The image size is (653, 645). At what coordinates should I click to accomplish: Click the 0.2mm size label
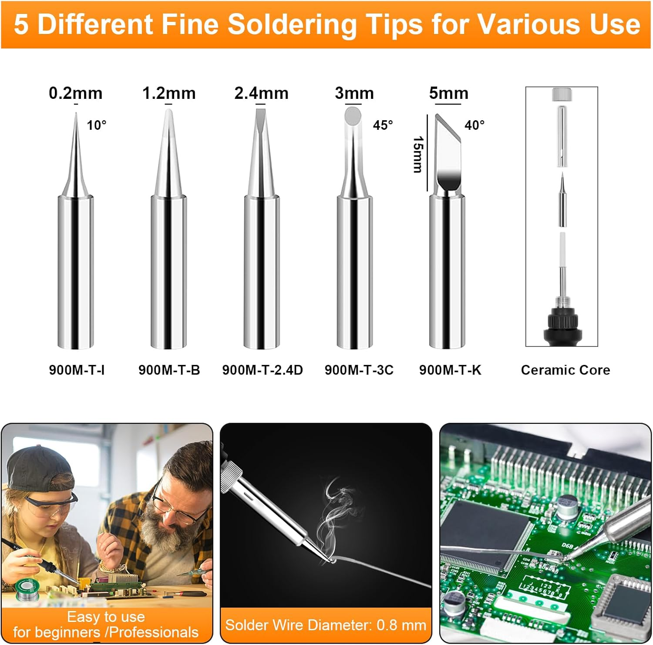click(x=75, y=93)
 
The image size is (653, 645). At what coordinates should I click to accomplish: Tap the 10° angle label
click(x=96, y=125)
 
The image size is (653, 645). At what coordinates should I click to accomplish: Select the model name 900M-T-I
click(x=77, y=370)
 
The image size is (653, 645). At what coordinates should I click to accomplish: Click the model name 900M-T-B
click(x=169, y=370)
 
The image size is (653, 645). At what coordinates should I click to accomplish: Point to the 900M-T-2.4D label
click(x=262, y=370)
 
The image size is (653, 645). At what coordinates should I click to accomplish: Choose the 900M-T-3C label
click(x=359, y=370)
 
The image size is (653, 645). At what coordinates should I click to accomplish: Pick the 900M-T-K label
click(x=450, y=370)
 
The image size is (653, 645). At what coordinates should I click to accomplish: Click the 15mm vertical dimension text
click(x=417, y=154)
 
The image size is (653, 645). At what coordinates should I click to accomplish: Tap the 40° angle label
click(x=474, y=125)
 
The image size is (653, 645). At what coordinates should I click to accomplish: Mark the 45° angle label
click(x=383, y=125)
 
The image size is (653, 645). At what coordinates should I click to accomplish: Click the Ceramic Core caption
click(x=565, y=370)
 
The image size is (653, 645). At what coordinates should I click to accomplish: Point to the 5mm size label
click(x=448, y=93)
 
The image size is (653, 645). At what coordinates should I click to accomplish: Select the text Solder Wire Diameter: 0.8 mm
click(x=326, y=625)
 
